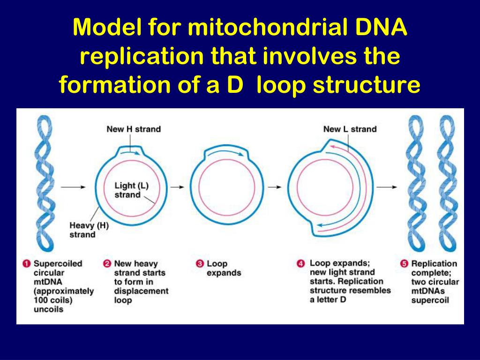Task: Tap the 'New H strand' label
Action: pos(133,129)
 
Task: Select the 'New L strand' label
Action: pos(350,129)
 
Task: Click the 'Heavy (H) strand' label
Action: pos(89,230)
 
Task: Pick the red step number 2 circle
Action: pos(106,264)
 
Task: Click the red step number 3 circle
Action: pos(199,264)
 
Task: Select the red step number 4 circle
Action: pos(301,264)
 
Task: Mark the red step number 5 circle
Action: pos(404,264)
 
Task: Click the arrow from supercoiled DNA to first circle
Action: pos(74,187)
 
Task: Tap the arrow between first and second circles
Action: pos(177,187)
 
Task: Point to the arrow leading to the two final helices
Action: pos(387,187)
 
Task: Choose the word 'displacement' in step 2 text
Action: pos(141,291)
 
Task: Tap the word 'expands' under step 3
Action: pos(224,273)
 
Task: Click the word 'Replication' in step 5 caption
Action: pos(434,264)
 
